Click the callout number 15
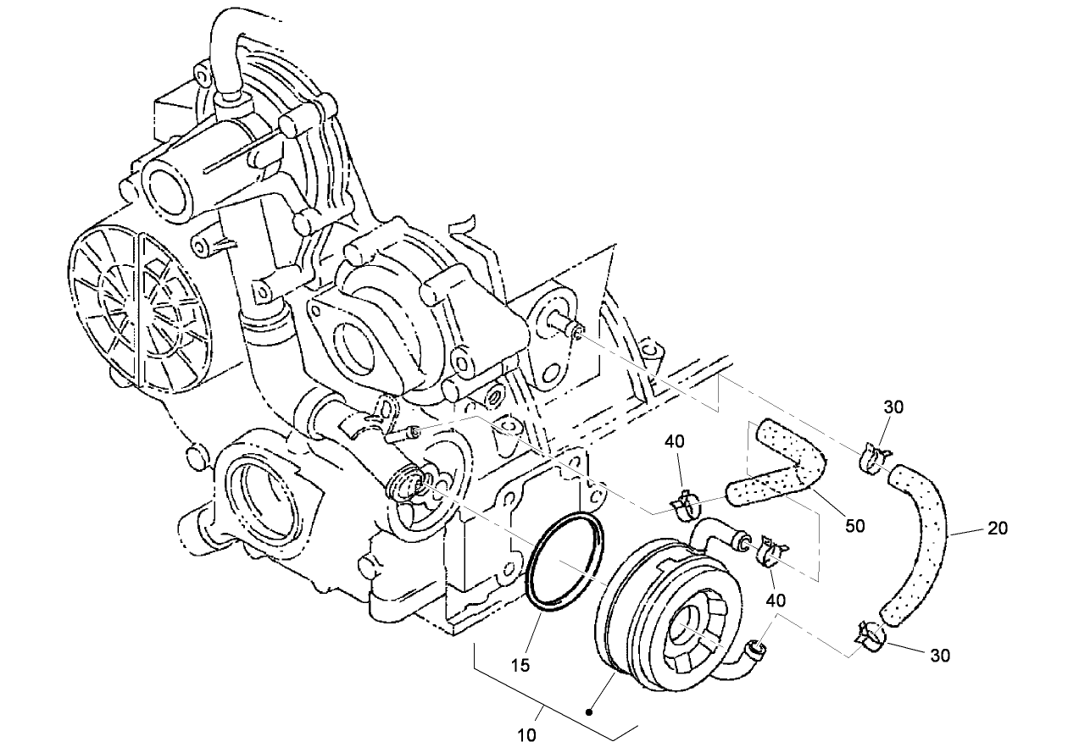point(522,666)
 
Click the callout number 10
point(527,735)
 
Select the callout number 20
point(998,528)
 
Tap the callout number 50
point(855,526)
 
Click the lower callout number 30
point(940,655)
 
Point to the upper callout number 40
point(674,441)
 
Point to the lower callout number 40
point(776,600)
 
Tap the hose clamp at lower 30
point(868,636)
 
